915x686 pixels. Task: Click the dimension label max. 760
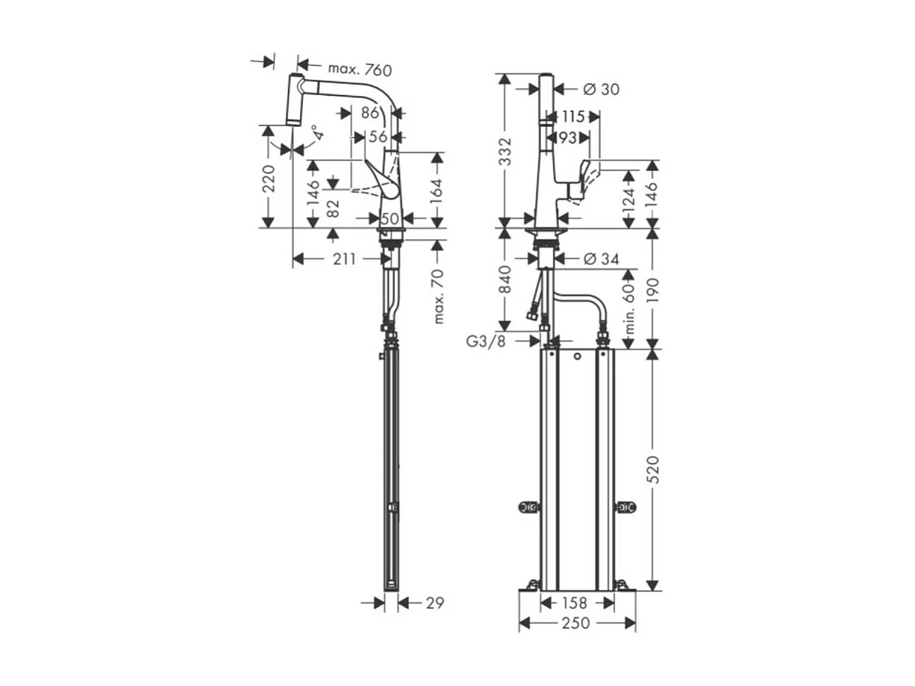click(359, 69)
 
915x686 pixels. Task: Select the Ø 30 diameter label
click(601, 89)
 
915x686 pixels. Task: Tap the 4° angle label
click(315, 134)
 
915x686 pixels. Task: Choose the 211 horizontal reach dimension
click(344, 259)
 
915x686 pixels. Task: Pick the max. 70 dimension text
click(440, 297)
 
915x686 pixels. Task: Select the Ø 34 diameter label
click(601, 258)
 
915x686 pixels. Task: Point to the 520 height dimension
click(653, 470)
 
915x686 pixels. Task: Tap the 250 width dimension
click(576, 624)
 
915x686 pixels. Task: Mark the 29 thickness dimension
click(435, 603)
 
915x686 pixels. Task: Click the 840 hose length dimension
click(507, 280)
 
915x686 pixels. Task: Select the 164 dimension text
click(437, 190)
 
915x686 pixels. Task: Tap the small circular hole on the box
click(577, 358)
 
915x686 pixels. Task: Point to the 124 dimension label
click(628, 198)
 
